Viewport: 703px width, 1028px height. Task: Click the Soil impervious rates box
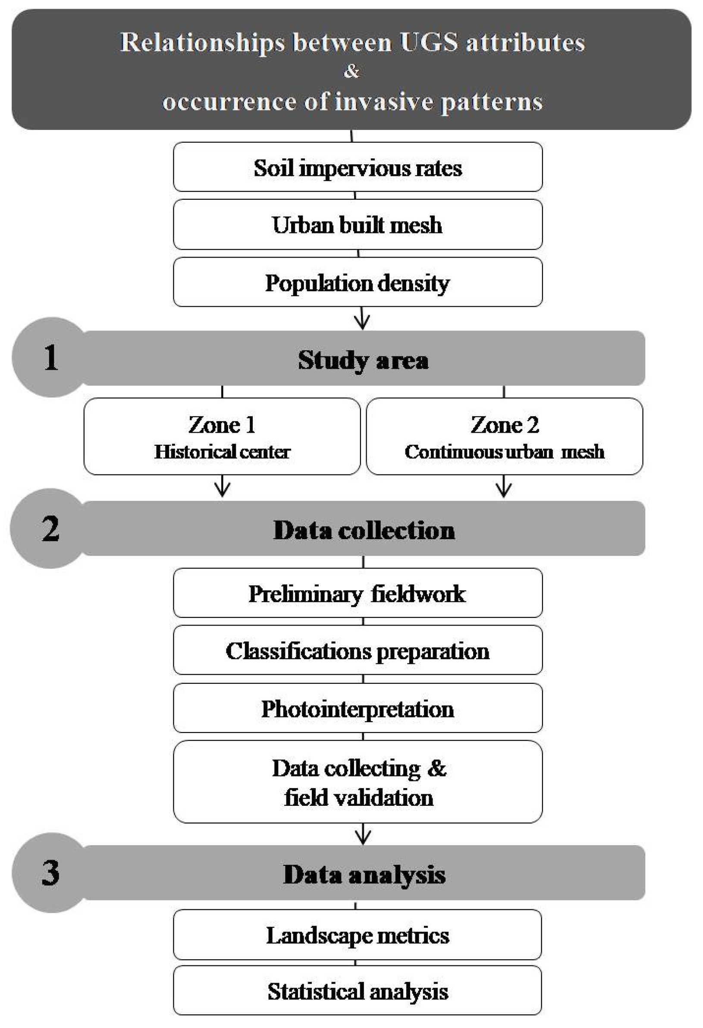pyautogui.click(x=357, y=167)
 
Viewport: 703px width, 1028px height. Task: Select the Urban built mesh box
pyautogui.click(x=357, y=224)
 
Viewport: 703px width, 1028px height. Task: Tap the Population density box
pyautogui.click(x=357, y=282)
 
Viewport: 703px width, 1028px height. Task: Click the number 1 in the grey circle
pyautogui.click(x=50, y=358)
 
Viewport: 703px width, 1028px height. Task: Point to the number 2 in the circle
pyautogui.click(x=50, y=528)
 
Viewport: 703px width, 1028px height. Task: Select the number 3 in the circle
pyautogui.click(x=50, y=872)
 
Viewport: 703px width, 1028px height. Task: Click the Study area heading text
pyautogui.click(x=363, y=359)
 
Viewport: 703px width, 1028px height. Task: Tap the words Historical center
pyautogui.click(x=222, y=452)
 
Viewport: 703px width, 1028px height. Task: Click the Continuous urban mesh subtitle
pyautogui.click(x=504, y=452)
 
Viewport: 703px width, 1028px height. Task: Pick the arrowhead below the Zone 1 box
pyautogui.click(x=222, y=489)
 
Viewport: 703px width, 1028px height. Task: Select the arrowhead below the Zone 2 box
pyautogui.click(x=504, y=489)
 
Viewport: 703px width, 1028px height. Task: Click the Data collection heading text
pyautogui.click(x=364, y=529)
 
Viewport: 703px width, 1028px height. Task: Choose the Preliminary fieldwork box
pyautogui.click(x=357, y=593)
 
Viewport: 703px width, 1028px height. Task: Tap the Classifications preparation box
pyautogui.click(x=357, y=651)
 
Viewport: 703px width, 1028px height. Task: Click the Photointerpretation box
pyautogui.click(x=357, y=709)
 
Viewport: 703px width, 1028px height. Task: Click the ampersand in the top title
pyautogui.click(x=351, y=71)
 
